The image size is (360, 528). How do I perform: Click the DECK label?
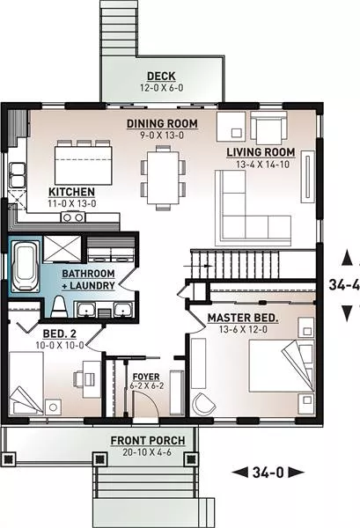pos(161,76)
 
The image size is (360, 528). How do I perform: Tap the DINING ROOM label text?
pos(162,123)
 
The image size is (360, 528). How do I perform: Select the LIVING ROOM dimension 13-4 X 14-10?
pos(262,165)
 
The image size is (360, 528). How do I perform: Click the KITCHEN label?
pos(71,192)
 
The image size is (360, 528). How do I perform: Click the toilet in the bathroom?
pos(59,307)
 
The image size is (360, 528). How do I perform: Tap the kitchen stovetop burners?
pos(73,216)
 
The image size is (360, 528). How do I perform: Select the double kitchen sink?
pos(18,175)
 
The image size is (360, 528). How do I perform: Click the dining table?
pos(163,178)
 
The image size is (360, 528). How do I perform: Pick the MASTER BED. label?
pos(243,318)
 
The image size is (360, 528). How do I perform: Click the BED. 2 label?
pos(60,334)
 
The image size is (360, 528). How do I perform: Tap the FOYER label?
pos(146,377)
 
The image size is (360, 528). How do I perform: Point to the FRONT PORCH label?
pos(148,441)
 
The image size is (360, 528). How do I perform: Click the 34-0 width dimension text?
pos(268,473)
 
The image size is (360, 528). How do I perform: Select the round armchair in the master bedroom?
pos(203,404)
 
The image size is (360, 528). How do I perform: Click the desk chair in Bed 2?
pos(79,379)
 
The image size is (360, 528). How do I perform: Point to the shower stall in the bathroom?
pos(62,248)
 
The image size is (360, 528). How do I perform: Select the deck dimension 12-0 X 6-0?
pos(161,88)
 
